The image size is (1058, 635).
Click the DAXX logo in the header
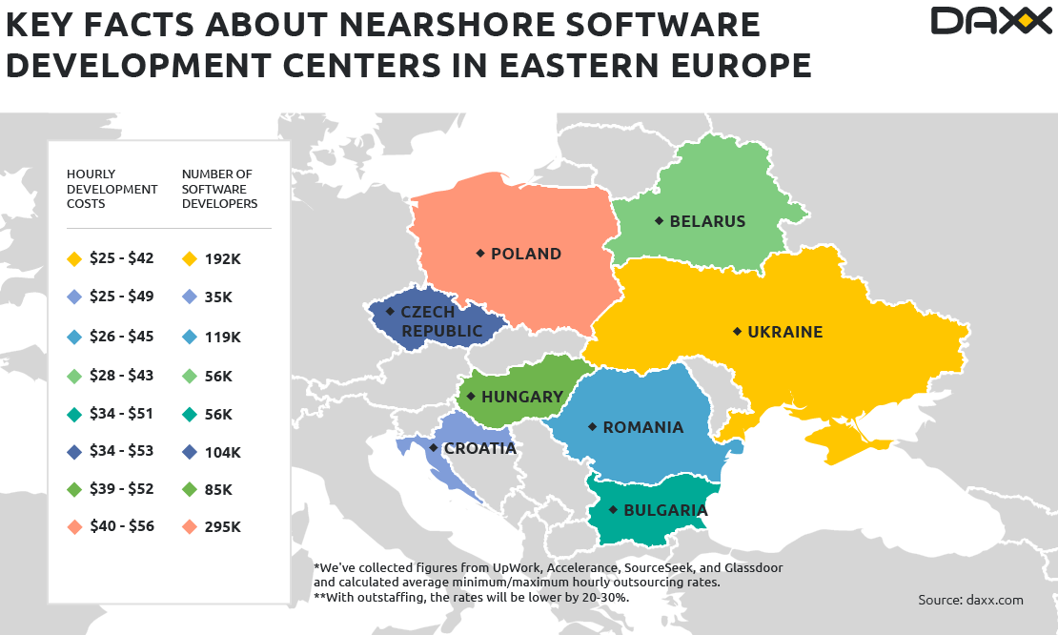990,21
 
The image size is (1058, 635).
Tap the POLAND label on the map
525,254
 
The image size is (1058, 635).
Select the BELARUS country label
707,221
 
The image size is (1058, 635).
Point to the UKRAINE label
784,332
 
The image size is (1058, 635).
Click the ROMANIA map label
642,427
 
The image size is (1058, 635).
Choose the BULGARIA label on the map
665,510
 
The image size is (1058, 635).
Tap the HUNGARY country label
522,397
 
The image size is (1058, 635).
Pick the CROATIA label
479,448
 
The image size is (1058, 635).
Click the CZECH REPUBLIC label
441,321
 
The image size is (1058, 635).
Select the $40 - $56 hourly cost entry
121,526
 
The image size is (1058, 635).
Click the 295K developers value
223,526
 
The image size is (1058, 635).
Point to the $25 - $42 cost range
121,258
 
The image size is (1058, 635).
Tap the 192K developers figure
223,258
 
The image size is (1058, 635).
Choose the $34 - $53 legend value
121,451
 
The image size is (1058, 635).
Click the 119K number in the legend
223,337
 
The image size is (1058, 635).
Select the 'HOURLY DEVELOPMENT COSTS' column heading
112,189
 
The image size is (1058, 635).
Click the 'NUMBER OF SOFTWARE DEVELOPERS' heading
219,189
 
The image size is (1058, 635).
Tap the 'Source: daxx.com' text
970,600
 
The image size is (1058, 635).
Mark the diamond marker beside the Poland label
480,254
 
